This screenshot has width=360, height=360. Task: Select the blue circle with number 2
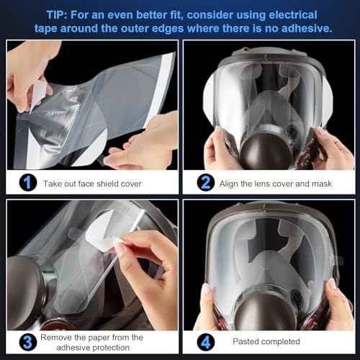(206, 183)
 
